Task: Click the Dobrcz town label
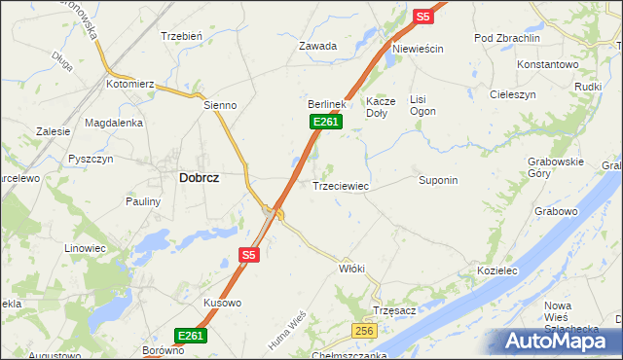[199, 178]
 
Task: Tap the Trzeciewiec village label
[340, 185]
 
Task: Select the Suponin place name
[438, 180]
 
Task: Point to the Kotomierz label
[131, 85]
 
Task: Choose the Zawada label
[317, 46]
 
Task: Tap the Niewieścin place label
[418, 49]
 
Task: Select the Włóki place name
[351, 268]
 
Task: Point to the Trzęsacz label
[394, 310]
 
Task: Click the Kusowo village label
[222, 303]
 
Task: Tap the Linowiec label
[85, 248]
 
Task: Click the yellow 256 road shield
[364, 332]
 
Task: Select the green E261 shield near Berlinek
[326, 121]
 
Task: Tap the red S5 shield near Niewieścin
[422, 17]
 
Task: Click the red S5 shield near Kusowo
[249, 255]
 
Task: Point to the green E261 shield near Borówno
[192, 336]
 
